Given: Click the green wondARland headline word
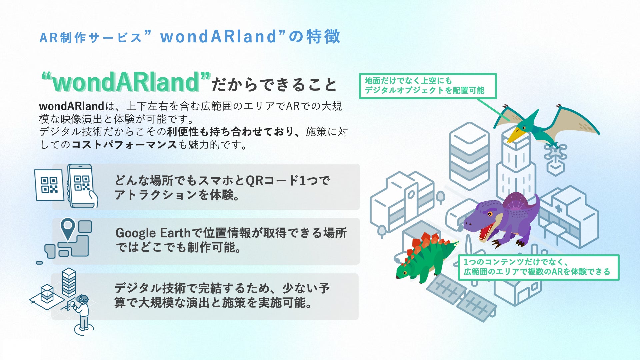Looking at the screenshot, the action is point(126,82).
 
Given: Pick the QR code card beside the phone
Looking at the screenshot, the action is point(49,185).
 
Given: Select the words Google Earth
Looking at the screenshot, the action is point(153,233).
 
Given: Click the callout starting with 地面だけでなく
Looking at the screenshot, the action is point(428,86).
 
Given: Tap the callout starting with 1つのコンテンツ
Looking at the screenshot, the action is point(538,267).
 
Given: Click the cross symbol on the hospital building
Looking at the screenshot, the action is point(559,209).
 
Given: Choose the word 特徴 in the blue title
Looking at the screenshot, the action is point(323,36).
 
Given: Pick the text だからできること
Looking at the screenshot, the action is point(274,84).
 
